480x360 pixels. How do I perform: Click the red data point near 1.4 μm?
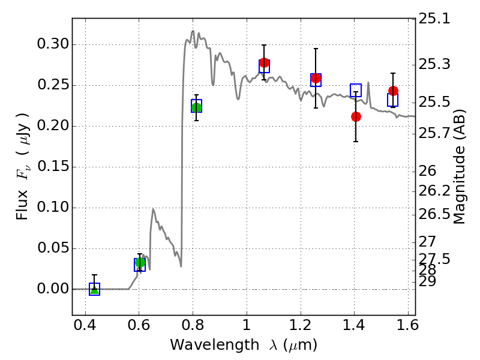356,116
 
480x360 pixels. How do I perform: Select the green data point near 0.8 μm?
196,107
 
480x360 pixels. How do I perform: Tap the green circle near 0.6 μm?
140,262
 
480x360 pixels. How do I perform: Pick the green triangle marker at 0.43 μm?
94,290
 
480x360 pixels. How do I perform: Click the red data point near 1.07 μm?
264,62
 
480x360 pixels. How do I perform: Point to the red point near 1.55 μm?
393,91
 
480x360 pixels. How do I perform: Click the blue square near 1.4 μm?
356,90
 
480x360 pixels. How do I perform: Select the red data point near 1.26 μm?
316,78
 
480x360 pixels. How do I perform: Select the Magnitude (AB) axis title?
460,167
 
